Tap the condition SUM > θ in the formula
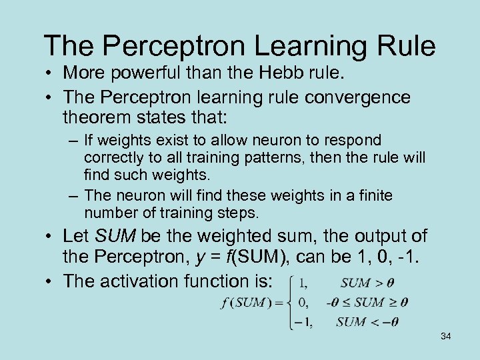(367, 283)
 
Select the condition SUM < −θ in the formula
(367, 322)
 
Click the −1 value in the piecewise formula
(303, 323)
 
